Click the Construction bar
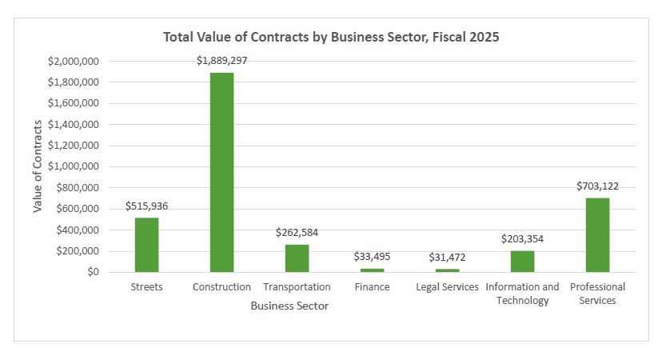[x=222, y=172]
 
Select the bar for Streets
[x=146, y=245]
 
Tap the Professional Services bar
[x=597, y=235]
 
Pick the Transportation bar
[x=297, y=258]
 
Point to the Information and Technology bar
[x=522, y=262]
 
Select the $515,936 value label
[x=147, y=206]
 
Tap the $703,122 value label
[x=597, y=186]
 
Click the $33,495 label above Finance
[x=372, y=256]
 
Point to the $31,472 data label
[x=447, y=257]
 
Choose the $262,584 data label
[x=297, y=233]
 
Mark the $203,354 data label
[x=522, y=238]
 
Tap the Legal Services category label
[x=447, y=286]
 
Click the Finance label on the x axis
[x=372, y=286]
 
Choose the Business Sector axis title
[x=289, y=306]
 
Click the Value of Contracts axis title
[x=38, y=166]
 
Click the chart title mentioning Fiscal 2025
[x=331, y=37]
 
